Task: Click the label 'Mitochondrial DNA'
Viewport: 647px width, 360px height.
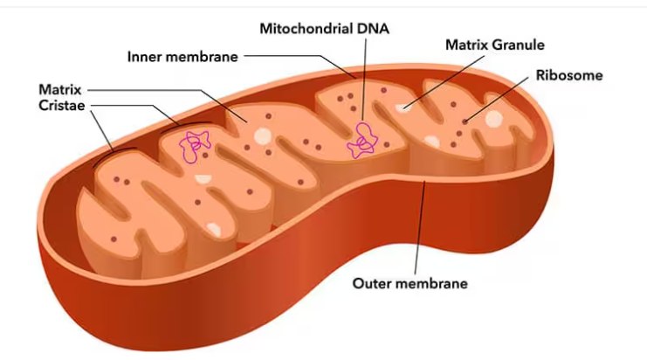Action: tap(324, 28)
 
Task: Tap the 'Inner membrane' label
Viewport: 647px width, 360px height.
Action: tap(182, 57)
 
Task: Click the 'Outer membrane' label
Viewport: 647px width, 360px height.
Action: tap(410, 283)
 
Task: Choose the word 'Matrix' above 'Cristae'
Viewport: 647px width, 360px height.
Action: tap(60, 89)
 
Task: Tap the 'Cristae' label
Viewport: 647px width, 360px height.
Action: tap(63, 105)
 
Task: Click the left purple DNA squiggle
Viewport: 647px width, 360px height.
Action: tap(196, 146)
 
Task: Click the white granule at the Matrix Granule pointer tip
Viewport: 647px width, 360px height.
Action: tap(403, 107)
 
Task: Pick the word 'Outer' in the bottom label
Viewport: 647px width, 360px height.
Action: tap(370, 283)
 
